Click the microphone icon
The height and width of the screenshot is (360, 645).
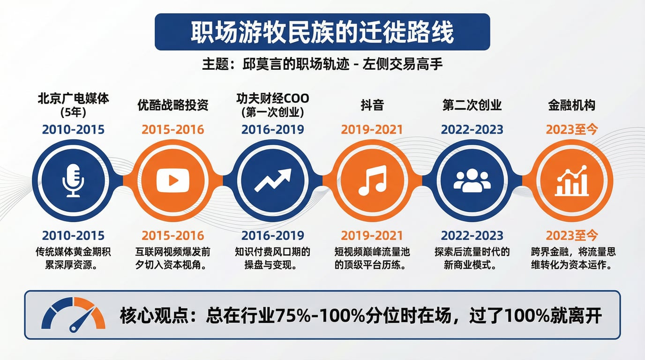click(x=73, y=180)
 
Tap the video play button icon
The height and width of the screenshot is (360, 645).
click(x=173, y=180)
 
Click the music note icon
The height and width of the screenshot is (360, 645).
click(x=372, y=180)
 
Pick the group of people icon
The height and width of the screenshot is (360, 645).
click(x=472, y=180)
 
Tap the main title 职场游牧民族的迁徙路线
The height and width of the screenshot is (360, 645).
click(x=322, y=32)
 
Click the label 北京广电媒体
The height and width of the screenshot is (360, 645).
click(x=73, y=98)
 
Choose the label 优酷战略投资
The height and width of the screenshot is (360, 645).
click(x=173, y=105)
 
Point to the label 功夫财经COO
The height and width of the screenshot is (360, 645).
click(x=273, y=98)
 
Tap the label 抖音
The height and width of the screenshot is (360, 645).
click(x=372, y=105)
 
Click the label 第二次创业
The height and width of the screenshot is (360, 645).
click(x=472, y=105)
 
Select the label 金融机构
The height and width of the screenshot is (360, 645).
click(x=571, y=105)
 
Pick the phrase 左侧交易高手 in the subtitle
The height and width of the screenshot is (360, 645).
click(x=402, y=64)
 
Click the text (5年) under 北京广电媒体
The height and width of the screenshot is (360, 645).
click(x=73, y=112)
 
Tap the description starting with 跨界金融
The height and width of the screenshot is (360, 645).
click(x=573, y=258)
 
